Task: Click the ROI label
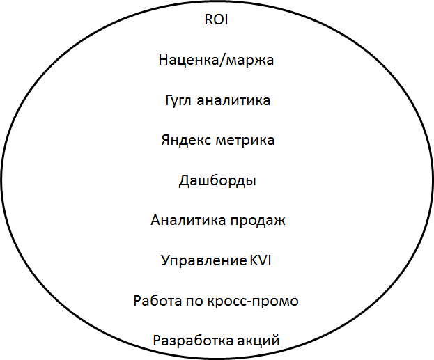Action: (x=216, y=19)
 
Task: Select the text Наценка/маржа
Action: (x=217, y=60)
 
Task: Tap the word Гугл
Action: (x=178, y=100)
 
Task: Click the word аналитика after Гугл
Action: (x=233, y=100)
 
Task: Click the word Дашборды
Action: (x=217, y=181)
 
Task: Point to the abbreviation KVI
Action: (x=260, y=261)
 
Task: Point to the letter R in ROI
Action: (x=208, y=19)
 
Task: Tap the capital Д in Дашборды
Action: (x=185, y=181)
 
